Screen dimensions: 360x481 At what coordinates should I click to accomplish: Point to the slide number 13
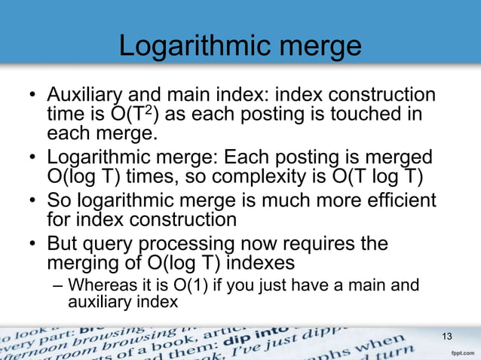pos(447,337)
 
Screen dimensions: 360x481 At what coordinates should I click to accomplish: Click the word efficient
pos(393,202)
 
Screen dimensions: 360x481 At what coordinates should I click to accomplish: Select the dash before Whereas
pos(60,285)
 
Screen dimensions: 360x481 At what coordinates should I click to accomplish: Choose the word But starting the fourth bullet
pos(62,245)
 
